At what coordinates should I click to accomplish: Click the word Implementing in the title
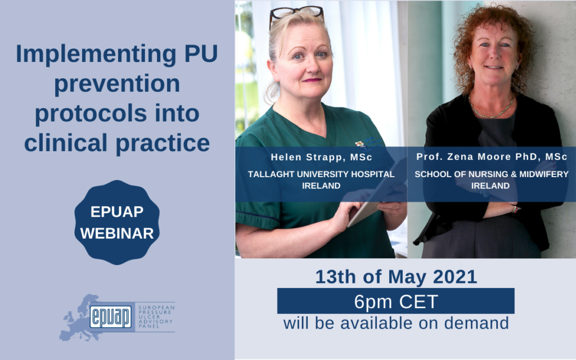96,55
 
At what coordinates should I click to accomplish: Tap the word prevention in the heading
117,84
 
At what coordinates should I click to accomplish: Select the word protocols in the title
91,114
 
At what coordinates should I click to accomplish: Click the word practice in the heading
163,143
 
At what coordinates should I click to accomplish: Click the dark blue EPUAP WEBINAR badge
117,222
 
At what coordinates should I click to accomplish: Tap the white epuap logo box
111,317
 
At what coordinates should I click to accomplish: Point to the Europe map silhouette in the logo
79,318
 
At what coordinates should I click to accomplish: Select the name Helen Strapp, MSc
321,157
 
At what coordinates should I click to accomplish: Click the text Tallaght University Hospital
321,174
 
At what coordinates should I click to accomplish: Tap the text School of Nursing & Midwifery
492,174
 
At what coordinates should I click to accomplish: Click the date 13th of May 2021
396,277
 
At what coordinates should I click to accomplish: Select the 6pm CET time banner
395,301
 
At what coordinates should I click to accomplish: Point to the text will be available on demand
396,323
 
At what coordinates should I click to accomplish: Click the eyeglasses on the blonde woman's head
296,14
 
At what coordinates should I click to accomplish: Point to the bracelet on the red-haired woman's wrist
515,209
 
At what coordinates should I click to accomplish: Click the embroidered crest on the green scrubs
360,145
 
